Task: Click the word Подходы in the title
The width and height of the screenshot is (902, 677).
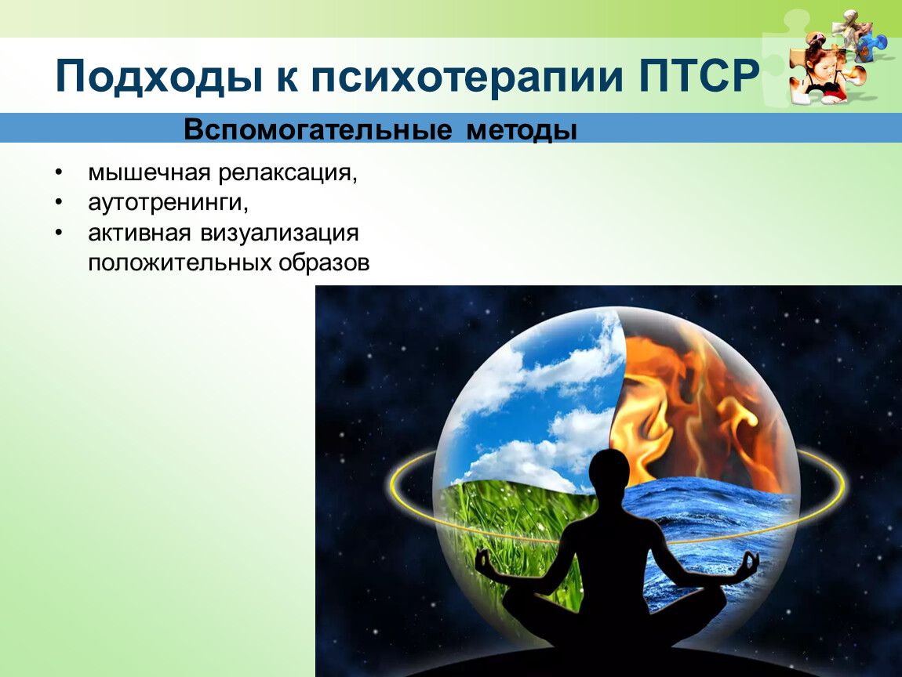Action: (159, 76)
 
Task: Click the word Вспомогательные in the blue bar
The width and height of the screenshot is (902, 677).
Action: (318, 129)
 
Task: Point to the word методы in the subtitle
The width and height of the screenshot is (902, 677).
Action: (521, 130)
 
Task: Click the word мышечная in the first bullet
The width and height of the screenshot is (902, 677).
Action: (150, 172)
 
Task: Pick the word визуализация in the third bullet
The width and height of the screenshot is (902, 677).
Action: (279, 234)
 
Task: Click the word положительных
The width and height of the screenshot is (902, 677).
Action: (180, 262)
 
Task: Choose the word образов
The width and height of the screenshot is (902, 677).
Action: (324, 262)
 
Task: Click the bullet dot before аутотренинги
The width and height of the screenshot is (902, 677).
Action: (58, 201)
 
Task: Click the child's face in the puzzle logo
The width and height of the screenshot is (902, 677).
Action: (820, 63)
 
